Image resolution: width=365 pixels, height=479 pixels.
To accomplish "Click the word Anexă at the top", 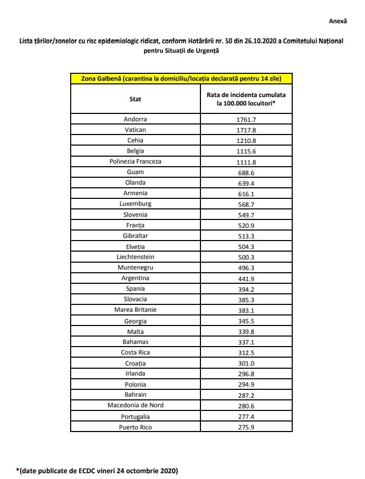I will tap(338, 21).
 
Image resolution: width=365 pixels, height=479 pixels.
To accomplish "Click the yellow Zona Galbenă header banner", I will tap(181, 79).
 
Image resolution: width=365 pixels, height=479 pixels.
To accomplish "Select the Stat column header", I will tap(136, 99).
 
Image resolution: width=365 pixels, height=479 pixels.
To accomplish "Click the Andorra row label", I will tap(136, 119).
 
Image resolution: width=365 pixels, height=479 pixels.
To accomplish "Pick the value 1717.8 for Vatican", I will tap(246, 130).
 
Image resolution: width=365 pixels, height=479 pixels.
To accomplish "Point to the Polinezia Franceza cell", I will tap(136, 161).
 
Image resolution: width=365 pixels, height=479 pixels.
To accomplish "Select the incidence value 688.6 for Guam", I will tap(246, 173).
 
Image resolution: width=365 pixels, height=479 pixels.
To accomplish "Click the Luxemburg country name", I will tap(136, 204).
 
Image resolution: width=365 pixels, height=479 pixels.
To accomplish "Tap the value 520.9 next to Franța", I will tap(246, 225).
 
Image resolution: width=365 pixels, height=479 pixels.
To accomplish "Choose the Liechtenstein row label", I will tap(136, 257).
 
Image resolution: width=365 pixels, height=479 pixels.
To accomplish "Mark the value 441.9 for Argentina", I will tap(246, 278).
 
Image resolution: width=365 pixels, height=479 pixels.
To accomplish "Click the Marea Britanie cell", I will tap(136, 310).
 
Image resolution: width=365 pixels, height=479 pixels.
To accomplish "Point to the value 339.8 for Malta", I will tap(246, 331).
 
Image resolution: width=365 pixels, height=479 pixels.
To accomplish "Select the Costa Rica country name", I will tap(136, 352).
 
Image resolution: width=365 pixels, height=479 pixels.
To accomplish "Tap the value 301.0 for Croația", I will tap(246, 363).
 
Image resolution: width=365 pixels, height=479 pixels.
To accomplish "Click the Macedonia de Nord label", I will tap(136, 405).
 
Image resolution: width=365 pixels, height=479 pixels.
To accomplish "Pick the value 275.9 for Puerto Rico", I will tap(246, 426).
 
